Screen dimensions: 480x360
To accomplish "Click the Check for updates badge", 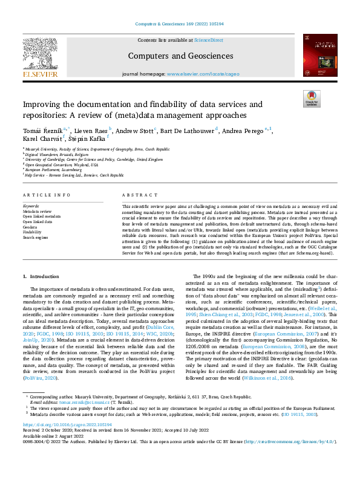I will click(312, 99).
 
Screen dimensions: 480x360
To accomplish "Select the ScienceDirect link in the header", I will click(208, 39).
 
